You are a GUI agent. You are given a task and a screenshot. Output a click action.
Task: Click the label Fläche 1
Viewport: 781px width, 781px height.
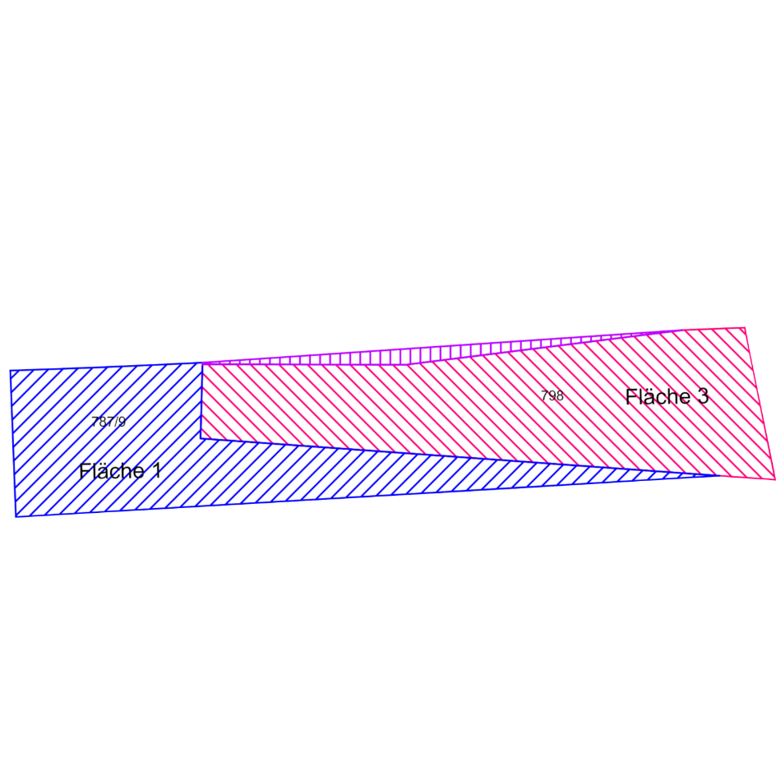click(120, 471)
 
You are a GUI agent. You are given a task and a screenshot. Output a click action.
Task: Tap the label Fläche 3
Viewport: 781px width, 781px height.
click(667, 396)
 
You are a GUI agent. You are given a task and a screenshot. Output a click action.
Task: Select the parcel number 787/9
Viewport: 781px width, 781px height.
click(109, 422)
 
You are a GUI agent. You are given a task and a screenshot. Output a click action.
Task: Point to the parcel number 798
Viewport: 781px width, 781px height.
click(552, 396)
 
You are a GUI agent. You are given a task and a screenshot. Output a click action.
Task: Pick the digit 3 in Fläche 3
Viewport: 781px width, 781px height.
click(703, 396)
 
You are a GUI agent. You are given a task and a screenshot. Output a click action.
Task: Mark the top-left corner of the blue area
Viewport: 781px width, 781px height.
click(11, 371)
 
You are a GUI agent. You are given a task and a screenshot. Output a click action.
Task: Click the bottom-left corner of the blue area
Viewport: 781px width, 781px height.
click(16, 517)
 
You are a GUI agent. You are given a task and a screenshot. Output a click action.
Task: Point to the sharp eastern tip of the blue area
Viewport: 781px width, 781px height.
click(720, 476)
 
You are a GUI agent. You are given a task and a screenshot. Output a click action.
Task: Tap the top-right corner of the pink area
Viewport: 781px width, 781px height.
click(745, 328)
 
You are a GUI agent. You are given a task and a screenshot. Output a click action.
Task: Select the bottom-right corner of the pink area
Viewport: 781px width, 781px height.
click(775, 479)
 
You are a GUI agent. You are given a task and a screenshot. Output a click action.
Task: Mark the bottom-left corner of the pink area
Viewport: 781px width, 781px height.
click(201, 438)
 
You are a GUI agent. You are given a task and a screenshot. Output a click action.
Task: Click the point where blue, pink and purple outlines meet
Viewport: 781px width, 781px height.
click(201, 363)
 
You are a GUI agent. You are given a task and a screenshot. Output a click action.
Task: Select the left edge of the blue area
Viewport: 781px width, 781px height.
click(13, 444)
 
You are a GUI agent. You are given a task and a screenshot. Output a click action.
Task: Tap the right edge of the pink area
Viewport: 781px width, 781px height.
click(760, 404)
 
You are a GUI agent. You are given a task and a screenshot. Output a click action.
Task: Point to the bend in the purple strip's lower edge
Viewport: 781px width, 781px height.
click(409, 364)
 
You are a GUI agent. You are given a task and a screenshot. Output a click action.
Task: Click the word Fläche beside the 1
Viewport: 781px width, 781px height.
click(112, 471)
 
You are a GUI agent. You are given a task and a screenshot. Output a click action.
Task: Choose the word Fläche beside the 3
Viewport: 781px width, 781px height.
click(658, 396)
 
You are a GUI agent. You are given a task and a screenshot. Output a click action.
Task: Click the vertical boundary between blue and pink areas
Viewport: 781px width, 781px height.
click(201, 401)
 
